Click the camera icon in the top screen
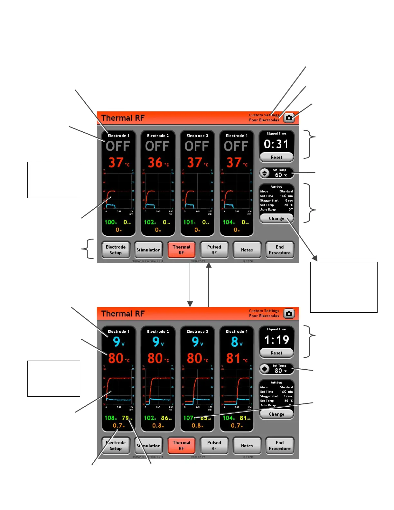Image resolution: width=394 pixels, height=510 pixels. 289,118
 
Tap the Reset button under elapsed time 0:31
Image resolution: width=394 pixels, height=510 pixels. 277,157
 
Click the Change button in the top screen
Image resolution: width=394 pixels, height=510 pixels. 277,218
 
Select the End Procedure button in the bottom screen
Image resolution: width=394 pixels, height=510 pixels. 279,446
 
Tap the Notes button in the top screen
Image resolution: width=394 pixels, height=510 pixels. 247,250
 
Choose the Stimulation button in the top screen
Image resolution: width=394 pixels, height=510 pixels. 148,250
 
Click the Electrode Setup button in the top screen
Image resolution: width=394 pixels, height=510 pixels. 116,250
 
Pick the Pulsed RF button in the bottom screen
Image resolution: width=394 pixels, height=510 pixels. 214,446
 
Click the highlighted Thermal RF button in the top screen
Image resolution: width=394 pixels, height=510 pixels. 181,250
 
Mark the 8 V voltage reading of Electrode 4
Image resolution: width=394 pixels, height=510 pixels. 236,342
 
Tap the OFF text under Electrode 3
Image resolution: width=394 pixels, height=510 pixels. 197,146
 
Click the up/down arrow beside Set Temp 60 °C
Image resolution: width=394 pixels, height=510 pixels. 265,173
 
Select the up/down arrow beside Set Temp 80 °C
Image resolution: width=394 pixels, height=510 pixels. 265,369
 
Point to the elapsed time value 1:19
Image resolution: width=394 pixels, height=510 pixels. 277,340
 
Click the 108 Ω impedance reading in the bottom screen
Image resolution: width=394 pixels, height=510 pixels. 110,418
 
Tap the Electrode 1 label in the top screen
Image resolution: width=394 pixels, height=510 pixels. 118,136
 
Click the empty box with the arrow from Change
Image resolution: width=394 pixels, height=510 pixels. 343,287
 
